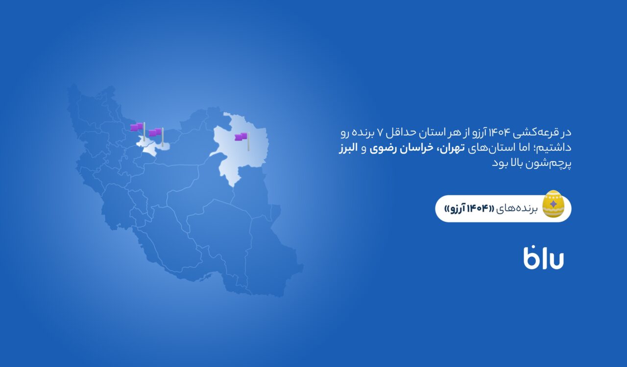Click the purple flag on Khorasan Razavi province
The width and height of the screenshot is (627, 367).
click(x=241, y=137)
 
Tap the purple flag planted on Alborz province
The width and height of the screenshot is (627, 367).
click(x=137, y=127)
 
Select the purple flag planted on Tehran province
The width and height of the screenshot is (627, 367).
click(x=155, y=132)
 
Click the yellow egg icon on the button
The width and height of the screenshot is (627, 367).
click(x=553, y=204)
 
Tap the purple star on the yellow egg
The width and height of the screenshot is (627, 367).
click(x=553, y=204)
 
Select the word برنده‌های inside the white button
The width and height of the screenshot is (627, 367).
click(x=517, y=209)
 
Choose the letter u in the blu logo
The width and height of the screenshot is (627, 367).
click(x=555, y=261)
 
